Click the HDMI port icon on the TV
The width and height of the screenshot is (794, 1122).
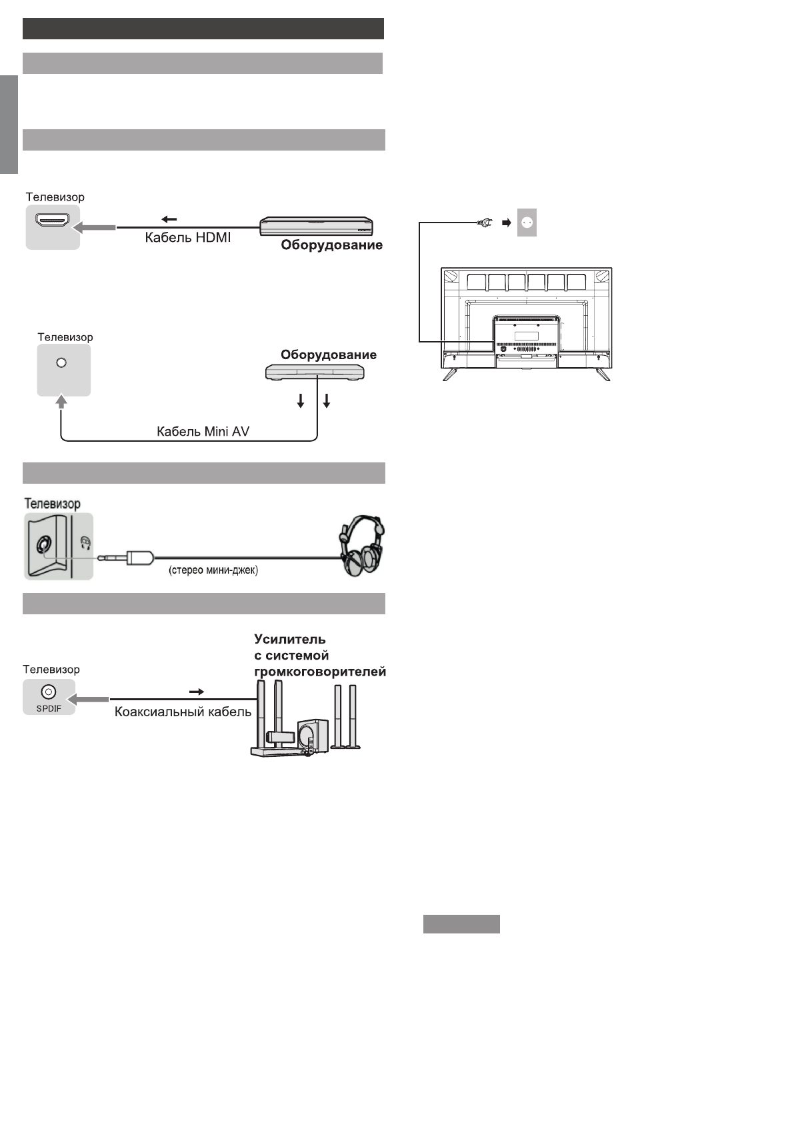point(52,222)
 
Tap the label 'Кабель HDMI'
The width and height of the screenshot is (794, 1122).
point(188,237)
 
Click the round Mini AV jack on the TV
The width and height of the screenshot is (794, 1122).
point(61,362)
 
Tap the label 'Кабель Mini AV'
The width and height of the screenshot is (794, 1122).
point(203,431)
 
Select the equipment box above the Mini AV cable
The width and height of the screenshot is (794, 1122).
point(315,373)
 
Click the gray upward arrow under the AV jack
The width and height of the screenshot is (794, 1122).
point(61,401)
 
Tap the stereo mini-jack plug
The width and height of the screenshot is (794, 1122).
point(127,556)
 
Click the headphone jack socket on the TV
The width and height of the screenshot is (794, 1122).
point(43,545)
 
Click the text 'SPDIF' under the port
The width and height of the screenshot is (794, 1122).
point(49,708)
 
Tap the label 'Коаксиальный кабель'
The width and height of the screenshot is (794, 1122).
point(183,712)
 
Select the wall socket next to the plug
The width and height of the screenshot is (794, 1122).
point(527,224)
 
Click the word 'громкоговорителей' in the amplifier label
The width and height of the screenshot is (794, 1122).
point(320,672)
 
